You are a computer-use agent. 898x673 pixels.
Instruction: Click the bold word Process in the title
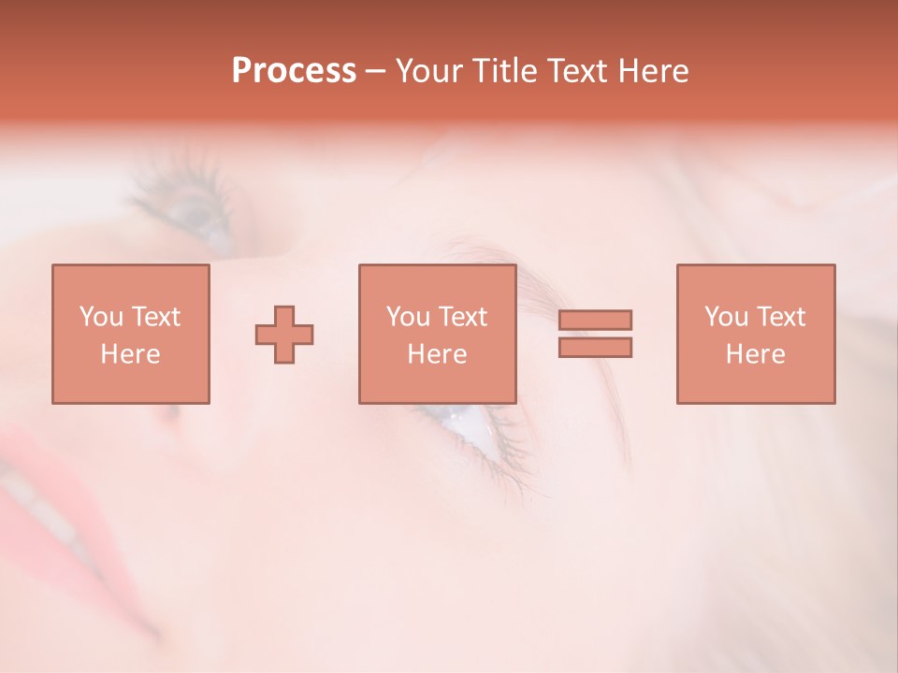(294, 70)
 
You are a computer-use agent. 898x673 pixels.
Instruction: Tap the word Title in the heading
(503, 70)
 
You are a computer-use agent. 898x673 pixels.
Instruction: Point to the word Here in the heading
(652, 70)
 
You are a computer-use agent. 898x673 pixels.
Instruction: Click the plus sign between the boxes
(284, 335)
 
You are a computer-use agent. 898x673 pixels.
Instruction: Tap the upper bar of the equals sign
(595, 320)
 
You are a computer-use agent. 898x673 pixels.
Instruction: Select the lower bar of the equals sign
(595, 347)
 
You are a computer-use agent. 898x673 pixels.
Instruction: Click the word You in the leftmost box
(101, 316)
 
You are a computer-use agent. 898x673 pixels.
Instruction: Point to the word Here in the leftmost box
(130, 354)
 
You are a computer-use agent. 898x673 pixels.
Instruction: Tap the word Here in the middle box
(437, 354)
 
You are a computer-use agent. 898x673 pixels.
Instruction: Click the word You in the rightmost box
(726, 316)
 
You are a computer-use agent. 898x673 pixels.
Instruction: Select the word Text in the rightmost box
(782, 316)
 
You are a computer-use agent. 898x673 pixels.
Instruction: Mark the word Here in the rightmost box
(755, 354)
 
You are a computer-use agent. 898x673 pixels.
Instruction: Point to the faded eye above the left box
(196, 210)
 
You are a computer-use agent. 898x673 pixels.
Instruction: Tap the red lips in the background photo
(42, 486)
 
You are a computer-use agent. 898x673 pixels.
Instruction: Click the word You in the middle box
(408, 316)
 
